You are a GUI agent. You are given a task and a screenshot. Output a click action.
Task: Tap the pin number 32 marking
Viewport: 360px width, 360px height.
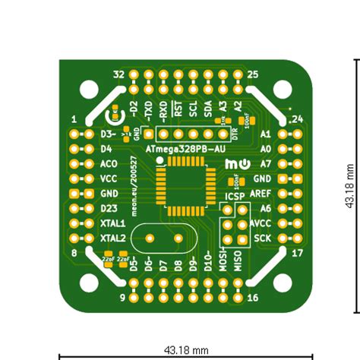click(x=118, y=74)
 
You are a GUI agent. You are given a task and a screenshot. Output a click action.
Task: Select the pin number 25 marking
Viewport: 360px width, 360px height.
click(x=254, y=74)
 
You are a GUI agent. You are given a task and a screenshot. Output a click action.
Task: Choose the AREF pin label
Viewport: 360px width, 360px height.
click(x=260, y=193)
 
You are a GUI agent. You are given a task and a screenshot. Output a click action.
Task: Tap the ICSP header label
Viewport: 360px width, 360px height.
click(x=233, y=197)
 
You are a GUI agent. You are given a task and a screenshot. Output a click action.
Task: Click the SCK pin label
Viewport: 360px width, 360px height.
click(x=262, y=238)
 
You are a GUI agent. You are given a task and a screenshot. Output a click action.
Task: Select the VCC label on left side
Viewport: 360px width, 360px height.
click(x=109, y=178)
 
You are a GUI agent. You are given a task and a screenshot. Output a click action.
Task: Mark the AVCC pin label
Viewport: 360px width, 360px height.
click(x=260, y=223)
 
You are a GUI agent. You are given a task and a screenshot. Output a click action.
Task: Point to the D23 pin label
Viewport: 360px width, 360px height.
click(x=109, y=208)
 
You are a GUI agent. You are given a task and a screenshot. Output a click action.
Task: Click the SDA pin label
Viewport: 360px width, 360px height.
click(x=208, y=108)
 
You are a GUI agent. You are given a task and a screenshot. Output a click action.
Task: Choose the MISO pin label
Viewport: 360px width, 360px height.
click(x=238, y=262)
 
